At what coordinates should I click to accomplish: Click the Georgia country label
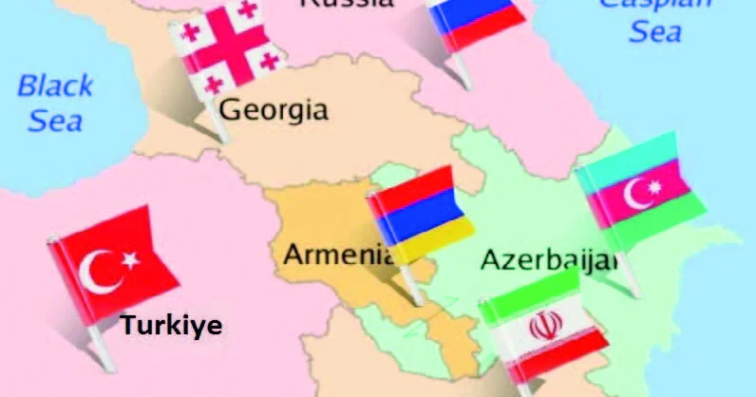[x=274, y=109]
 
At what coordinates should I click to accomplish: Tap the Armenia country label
[x=337, y=255]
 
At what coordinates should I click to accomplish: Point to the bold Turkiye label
[x=171, y=326]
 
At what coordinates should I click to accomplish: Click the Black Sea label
[x=55, y=104]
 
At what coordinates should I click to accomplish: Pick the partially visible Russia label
[x=347, y=4]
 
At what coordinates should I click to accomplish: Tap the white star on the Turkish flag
[x=129, y=258]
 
